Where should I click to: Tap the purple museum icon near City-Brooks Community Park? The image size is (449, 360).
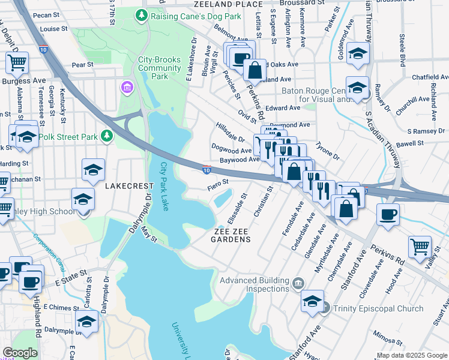tap(126, 89)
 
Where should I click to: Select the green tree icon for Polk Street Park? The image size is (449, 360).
tap(107, 137)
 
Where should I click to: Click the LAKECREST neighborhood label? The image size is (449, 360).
tap(127, 187)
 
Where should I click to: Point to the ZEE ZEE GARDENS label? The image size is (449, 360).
tap(231, 235)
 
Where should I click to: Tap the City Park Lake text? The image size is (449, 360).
tap(164, 186)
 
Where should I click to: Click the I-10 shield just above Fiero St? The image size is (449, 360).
tap(206, 170)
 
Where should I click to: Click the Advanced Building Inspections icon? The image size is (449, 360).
tap(298, 281)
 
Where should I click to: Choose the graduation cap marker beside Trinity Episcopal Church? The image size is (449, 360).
tap(312, 301)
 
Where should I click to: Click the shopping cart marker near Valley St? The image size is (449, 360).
tap(419, 247)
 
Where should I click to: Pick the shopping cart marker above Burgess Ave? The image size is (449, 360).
tap(17, 62)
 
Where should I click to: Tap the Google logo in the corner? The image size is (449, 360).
tap(20, 353)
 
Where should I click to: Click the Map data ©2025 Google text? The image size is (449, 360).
tap(412, 355)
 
